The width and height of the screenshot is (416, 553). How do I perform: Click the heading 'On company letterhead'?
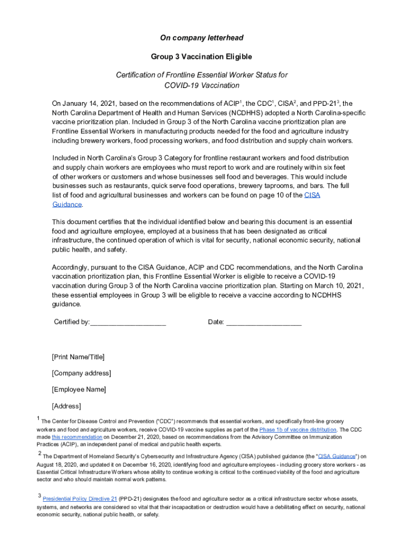pyautogui.click(x=202, y=38)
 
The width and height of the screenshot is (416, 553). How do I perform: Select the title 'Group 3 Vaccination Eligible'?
pyautogui.click(x=202, y=57)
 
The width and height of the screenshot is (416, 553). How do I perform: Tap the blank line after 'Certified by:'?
pyautogui.click(x=128, y=323)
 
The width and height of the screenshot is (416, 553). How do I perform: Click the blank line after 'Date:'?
pyautogui.click(x=264, y=323)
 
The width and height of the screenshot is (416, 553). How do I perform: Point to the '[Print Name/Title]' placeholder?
pyautogui.click(x=78, y=357)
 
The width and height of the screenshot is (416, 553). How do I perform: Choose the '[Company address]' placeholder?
pyautogui.click(x=82, y=373)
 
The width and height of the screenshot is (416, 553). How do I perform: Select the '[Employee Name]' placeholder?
pyautogui.click(x=79, y=389)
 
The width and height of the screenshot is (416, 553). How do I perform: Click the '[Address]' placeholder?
pyautogui.click(x=66, y=406)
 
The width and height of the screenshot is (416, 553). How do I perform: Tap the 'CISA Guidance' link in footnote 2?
pyautogui.click(x=337, y=456)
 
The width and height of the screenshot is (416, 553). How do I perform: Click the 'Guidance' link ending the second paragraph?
pyautogui.click(x=67, y=205)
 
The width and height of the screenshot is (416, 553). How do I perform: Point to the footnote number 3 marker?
pyautogui.click(x=39, y=496)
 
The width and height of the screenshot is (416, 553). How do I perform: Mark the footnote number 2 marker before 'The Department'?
pyautogui.click(x=39, y=454)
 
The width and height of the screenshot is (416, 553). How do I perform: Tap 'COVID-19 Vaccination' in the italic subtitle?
pyautogui.click(x=202, y=85)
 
